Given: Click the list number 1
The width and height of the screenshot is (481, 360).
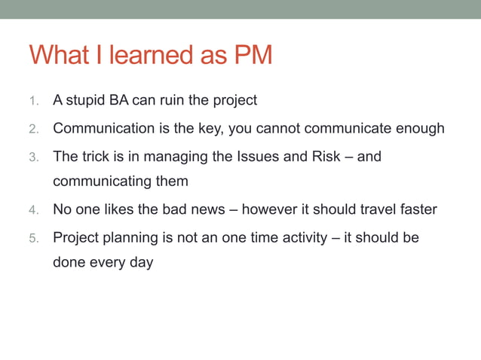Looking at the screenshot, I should click(x=33, y=101).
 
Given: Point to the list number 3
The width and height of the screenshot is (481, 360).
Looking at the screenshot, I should click(x=33, y=157).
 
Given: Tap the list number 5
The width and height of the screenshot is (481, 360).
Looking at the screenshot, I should click(x=33, y=239).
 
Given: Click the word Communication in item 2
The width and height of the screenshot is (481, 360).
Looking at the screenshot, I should click(x=101, y=128).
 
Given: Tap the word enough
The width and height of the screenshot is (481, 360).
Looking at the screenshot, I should click(x=418, y=128).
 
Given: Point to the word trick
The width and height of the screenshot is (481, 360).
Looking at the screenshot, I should click(x=97, y=157).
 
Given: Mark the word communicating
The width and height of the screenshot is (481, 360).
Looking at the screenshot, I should click(x=101, y=182).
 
